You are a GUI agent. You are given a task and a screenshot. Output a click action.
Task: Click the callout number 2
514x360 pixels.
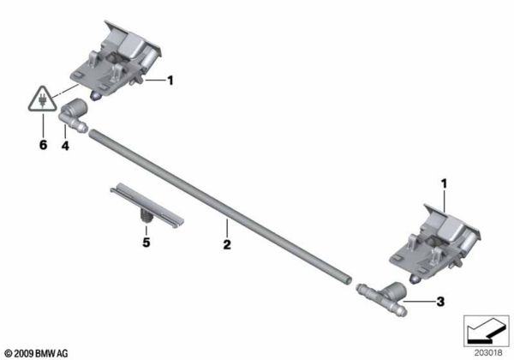coord(226,245)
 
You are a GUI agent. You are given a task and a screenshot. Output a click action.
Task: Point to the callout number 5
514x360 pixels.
coord(146,243)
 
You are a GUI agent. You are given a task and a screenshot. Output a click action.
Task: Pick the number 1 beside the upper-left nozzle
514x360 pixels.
coord(170,81)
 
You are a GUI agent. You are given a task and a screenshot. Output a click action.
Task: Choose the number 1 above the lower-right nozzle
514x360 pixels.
coord(444,183)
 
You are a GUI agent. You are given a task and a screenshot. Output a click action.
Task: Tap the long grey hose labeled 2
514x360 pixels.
coord(223,202)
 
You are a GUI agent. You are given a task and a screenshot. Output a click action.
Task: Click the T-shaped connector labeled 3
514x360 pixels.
coord(381,297)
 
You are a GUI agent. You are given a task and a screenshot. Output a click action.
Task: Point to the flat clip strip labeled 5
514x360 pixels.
coord(146,204)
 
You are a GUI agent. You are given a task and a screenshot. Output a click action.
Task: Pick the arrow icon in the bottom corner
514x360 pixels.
coord(484,328)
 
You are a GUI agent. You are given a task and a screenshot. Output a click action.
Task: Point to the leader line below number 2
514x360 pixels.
coord(226,227)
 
